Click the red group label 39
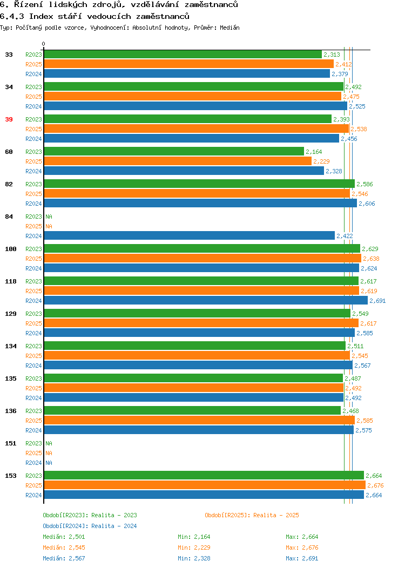coord(9,119)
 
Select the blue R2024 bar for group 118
coord(206,301)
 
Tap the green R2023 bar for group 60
coord(174,151)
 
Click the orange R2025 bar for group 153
coord(205,485)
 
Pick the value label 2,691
coord(377,301)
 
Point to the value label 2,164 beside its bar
coord(314,152)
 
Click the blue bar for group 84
coord(190,236)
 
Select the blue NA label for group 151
coord(49,463)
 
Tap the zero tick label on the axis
coord(44,44)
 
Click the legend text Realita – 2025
coord(276,515)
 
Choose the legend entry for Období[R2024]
coord(90,526)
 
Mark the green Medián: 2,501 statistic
coord(64,537)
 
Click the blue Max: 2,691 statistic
coord(302,559)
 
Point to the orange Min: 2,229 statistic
coord(194,547)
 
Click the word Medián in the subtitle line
coord(230,28)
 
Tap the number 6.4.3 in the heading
coord(12,16)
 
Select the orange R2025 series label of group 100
coord(33,259)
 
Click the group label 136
coord(10,411)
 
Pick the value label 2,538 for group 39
coord(359,130)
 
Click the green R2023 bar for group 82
coord(199,184)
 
